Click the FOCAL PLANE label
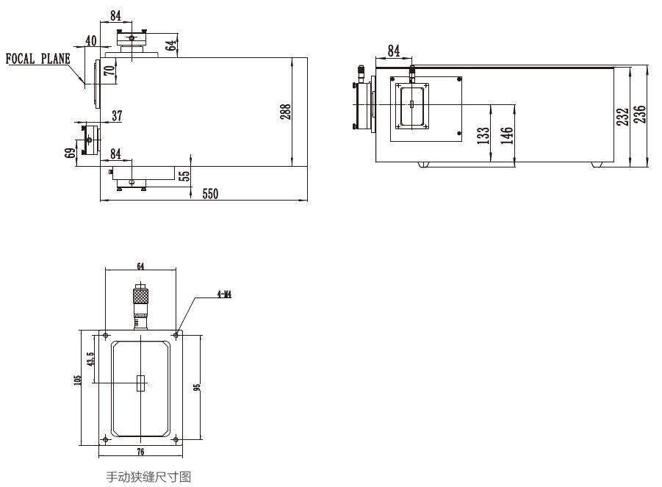[38, 59]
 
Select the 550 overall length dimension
[212, 193]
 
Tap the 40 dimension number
[91, 41]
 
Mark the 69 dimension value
[71, 154]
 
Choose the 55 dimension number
[184, 176]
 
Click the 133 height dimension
[483, 137]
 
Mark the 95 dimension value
[196, 386]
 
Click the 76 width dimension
[140, 451]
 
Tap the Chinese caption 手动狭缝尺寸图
[148, 477]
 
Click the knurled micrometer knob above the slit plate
[140, 297]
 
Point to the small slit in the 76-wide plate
[140, 382]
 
